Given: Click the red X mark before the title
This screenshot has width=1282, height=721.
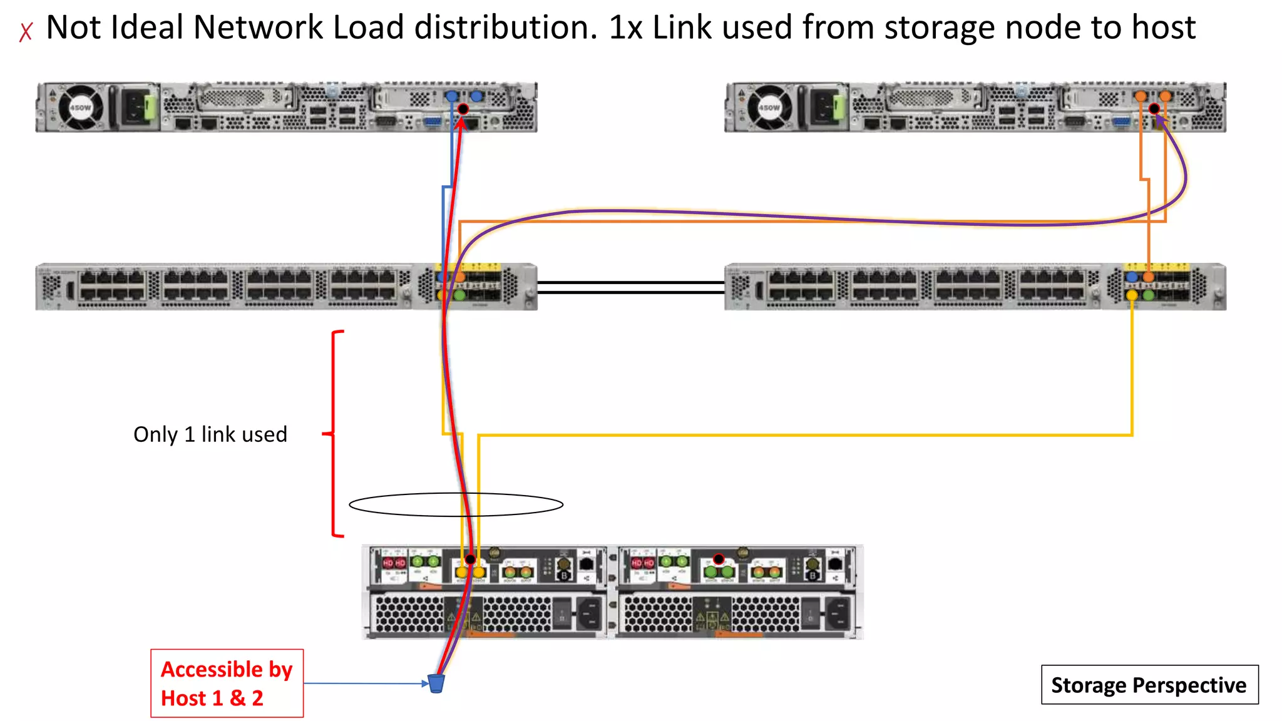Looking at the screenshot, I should [26, 31].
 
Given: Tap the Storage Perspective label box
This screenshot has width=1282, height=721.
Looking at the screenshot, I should [1149, 685].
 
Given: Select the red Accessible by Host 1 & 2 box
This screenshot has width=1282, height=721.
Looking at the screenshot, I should [227, 683].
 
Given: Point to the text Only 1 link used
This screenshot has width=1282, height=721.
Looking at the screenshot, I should [210, 434].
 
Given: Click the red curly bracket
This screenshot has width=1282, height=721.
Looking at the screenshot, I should [334, 433].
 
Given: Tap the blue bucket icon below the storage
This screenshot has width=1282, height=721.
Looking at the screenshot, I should [436, 683].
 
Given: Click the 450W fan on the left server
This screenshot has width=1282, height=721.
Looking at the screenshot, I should [80, 108].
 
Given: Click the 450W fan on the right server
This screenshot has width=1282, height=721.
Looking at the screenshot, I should [769, 108].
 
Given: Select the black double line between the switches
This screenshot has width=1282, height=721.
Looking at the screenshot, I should [630, 287].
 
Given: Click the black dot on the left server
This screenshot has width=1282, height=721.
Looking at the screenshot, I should [463, 109].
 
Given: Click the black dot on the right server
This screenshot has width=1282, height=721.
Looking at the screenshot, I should [1154, 108].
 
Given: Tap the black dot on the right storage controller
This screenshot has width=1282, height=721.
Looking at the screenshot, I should [719, 558].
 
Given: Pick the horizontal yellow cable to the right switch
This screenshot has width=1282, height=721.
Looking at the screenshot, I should [814, 434].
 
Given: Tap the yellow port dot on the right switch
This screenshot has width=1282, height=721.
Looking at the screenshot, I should [1132, 295].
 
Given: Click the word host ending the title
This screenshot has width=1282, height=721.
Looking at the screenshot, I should [1165, 28].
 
